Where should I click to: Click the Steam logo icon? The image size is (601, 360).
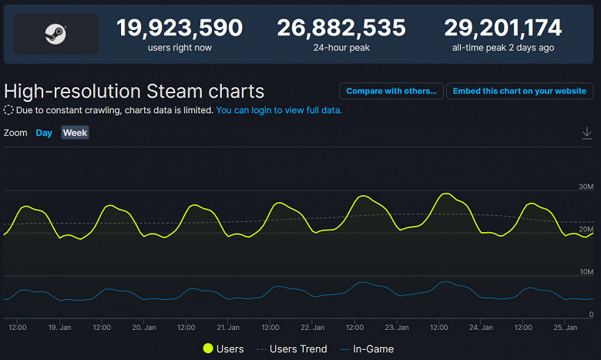coord(54,34)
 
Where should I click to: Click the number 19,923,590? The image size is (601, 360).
coord(180,29)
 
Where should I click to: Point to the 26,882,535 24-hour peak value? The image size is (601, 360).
coord(341,29)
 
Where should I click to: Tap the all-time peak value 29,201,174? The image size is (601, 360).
coord(502,29)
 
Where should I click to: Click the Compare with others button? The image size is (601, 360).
coord(391,91)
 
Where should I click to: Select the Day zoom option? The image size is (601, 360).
coord(44,133)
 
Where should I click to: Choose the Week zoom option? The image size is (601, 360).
coord(75,133)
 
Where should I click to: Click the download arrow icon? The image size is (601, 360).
coord(587,133)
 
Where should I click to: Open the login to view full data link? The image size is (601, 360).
coord(279,110)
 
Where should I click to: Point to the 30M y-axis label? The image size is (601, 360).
coord(586,187)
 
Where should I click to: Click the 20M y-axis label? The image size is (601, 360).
coord(586,230)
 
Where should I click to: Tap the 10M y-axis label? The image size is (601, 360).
coord(586,272)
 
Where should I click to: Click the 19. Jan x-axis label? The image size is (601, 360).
coord(59,328)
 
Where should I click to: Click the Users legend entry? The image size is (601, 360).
coord(223,349)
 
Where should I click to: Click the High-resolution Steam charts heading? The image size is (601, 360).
coord(134,91)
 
